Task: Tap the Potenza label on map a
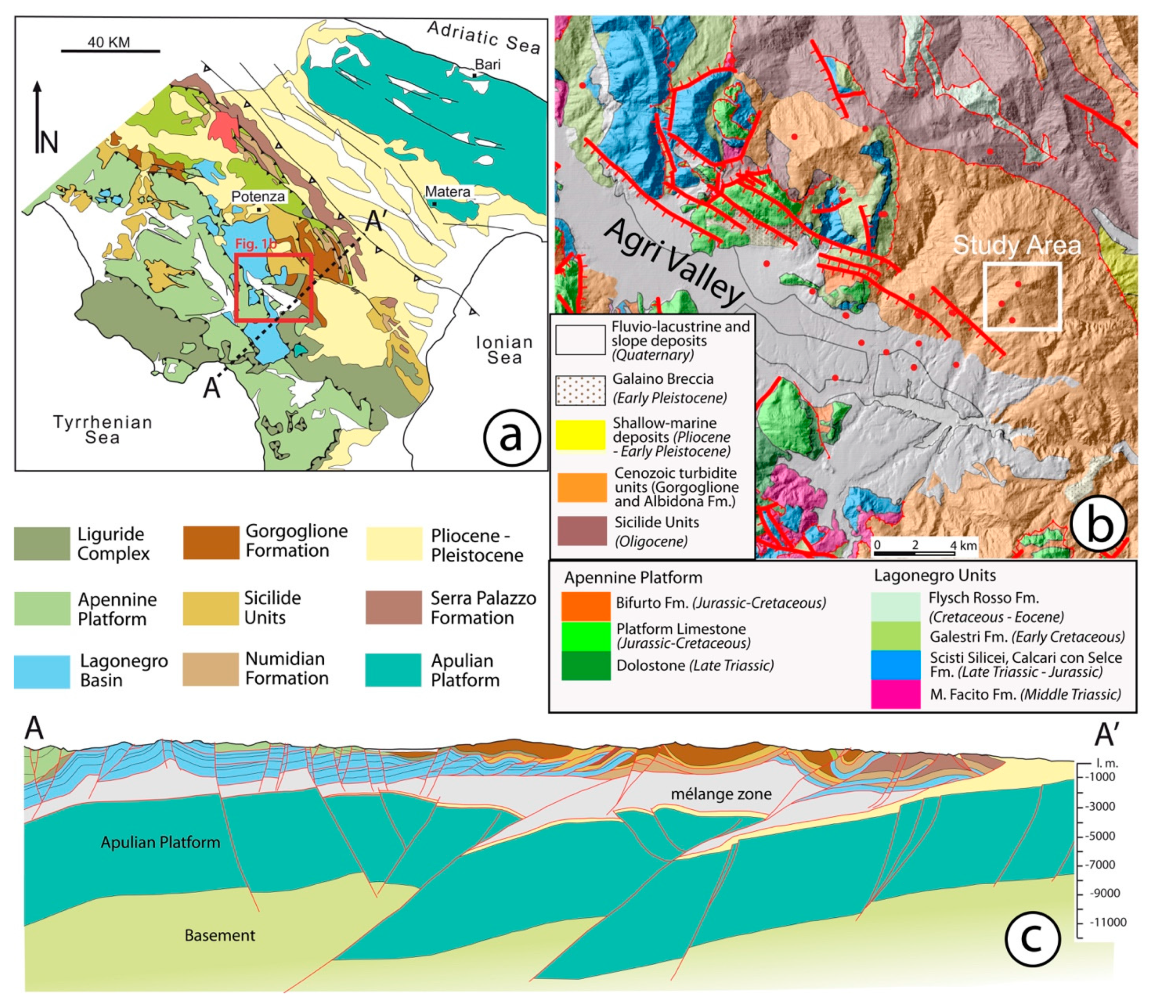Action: pos(258,196)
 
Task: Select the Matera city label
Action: pos(447,192)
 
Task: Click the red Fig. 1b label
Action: pos(255,244)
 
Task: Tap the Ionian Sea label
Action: pos(504,350)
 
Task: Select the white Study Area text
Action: pos(1016,245)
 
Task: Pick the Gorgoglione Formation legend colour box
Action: pos(211,542)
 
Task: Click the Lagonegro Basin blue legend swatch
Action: pos(42,671)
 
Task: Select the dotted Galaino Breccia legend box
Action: pos(581,389)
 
